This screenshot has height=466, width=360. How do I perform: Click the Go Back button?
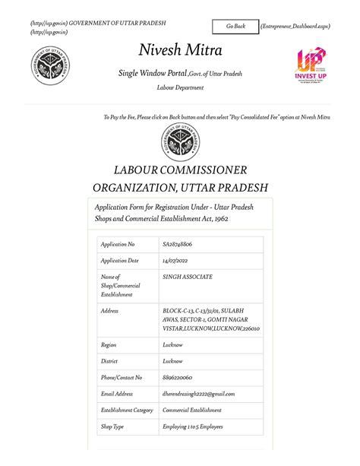(x=235, y=27)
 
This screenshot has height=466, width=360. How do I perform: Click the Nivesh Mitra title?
(x=180, y=51)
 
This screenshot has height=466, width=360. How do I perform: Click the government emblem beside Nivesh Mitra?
(x=51, y=66)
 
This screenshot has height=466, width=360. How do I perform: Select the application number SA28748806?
(x=177, y=244)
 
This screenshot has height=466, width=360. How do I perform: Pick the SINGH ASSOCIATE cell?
(x=188, y=277)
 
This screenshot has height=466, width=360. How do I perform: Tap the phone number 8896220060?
(x=178, y=377)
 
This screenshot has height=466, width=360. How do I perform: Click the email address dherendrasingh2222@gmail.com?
(x=199, y=394)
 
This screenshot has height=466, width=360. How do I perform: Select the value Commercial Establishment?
(x=192, y=411)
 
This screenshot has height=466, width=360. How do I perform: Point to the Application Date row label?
(x=120, y=261)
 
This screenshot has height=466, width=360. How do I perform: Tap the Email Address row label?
(x=117, y=394)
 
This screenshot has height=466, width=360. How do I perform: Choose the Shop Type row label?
(x=113, y=427)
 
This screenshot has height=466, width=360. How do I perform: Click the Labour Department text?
(x=180, y=88)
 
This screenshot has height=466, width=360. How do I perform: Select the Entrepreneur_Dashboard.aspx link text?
(x=295, y=27)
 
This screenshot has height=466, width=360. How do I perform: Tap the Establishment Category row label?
(x=127, y=411)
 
